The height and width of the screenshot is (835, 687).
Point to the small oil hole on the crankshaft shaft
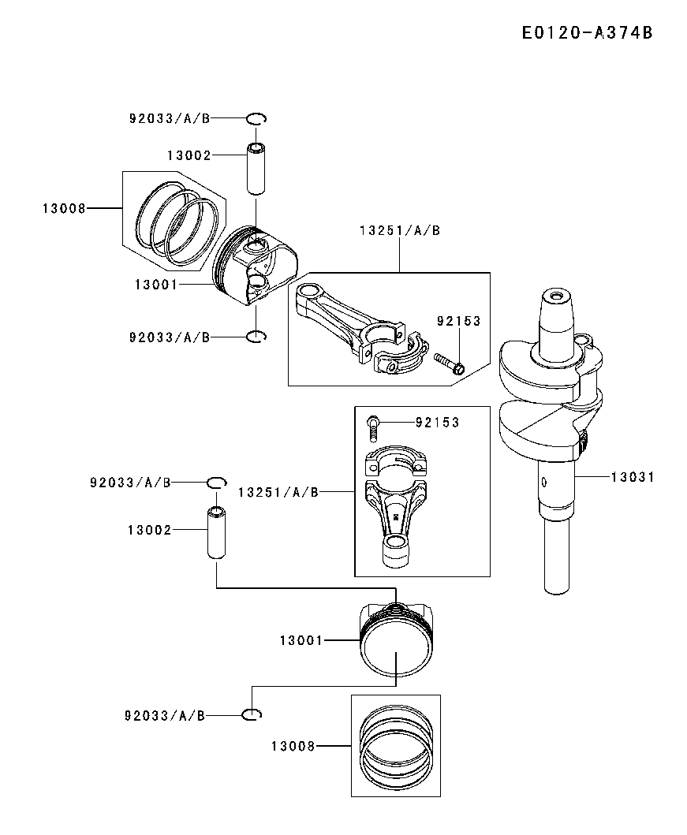(543, 481)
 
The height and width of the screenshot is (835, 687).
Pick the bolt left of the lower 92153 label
(373, 427)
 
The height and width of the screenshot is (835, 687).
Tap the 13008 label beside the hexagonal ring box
(65, 208)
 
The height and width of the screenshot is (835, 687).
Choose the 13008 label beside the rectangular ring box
(293, 745)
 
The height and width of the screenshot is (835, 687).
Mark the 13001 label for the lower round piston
(301, 640)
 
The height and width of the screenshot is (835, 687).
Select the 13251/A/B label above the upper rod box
(399, 230)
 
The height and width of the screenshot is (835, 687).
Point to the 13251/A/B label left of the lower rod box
(278, 492)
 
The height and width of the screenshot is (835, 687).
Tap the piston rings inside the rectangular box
(396, 746)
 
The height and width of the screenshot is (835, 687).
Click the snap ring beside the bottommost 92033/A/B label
(251, 714)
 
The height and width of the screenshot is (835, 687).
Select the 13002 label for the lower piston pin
(149, 530)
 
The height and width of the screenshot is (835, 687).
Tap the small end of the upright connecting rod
(396, 547)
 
